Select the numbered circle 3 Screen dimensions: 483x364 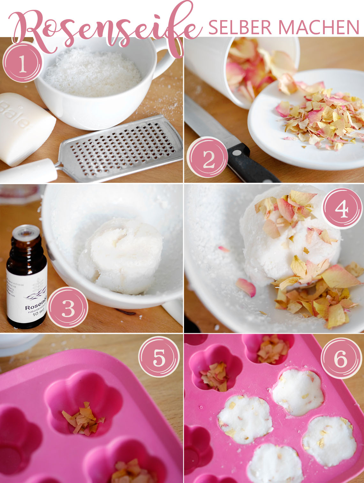68,307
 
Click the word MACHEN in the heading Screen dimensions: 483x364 320,27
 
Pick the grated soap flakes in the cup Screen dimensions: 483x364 93,72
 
